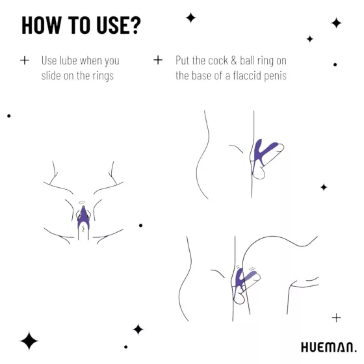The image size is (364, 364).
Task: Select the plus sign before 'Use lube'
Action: coord(25,60)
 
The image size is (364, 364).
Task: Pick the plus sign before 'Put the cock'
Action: coord(157,60)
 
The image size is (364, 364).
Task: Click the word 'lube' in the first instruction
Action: coord(70,60)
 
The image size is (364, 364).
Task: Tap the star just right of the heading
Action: coord(190,18)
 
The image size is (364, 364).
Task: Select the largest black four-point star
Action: coord(29,341)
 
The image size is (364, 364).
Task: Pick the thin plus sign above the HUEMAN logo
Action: coord(335,317)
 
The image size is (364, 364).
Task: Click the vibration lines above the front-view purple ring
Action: coord(83,204)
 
